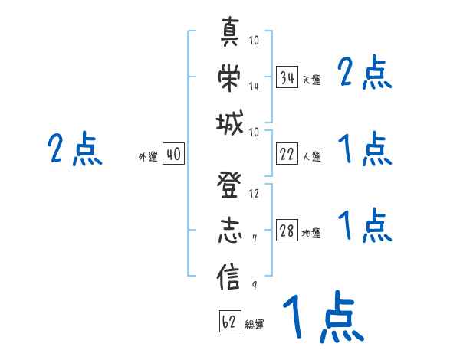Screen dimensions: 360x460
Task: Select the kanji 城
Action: click(231, 123)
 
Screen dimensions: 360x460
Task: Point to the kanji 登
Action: click(231, 189)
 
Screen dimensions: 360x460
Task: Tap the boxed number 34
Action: click(287, 78)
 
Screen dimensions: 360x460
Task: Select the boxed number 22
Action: click(287, 154)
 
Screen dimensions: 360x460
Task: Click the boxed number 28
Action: click(287, 231)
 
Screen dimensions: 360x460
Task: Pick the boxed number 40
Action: click(173, 155)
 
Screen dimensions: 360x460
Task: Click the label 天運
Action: click(311, 80)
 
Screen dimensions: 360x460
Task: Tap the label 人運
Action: click(311, 156)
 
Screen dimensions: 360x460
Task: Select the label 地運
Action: click(311, 234)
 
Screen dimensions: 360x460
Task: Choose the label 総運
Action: click(255, 324)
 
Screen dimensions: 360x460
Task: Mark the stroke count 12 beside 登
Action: click(254, 194)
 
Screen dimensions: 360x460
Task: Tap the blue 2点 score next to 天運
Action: click(366, 74)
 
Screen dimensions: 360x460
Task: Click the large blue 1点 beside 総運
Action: click(322, 317)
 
